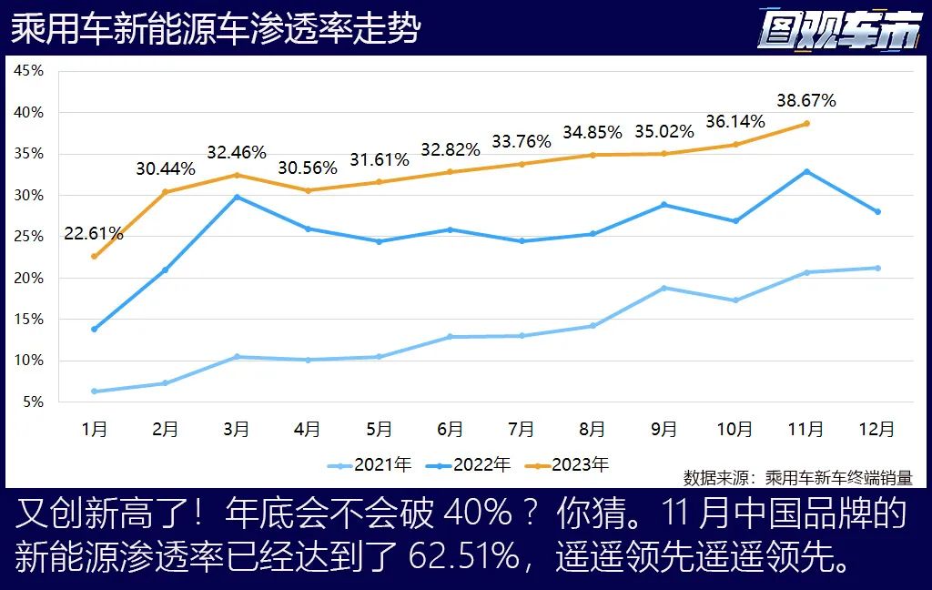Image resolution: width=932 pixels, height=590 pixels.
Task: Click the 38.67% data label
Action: coord(805,100)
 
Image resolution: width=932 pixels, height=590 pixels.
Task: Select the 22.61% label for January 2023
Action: coord(94,234)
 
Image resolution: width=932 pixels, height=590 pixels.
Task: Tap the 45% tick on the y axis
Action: coord(30,71)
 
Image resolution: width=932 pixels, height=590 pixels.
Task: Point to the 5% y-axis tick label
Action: coord(33,402)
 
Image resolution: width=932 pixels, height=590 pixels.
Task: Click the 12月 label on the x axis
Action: coord(876,428)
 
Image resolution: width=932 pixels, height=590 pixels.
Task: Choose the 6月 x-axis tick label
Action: coord(450,428)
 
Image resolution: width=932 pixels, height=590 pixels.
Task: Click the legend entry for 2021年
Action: coord(370,465)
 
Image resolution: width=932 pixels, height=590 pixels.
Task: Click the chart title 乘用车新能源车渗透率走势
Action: coord(216,28)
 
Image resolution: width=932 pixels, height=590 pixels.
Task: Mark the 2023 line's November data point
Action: coord(806,123)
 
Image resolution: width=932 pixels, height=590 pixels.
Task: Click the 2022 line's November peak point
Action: coord(806,171)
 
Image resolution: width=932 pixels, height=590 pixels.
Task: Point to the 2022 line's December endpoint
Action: coord(877,211)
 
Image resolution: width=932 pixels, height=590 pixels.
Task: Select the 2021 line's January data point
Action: coord(94,392)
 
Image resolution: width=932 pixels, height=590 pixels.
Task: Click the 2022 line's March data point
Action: coord(237,197)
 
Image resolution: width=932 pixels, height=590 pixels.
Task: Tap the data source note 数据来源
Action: coord(797,477)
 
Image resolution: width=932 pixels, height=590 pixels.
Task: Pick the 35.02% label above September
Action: coord(664,132)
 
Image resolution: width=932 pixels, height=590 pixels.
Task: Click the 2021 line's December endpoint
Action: coord(877,268)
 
